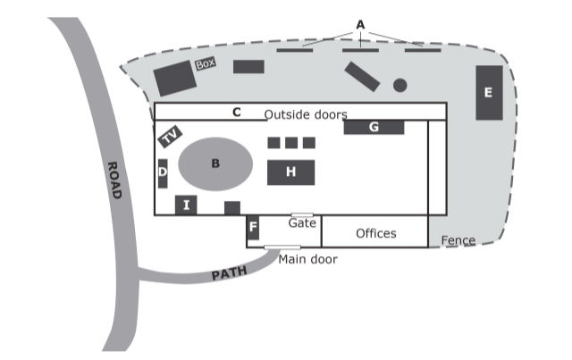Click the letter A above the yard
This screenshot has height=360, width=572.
(x=360, y=24)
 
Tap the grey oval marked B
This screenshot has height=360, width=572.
(x=214, y=163)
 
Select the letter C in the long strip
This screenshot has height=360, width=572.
(x=236, y=113)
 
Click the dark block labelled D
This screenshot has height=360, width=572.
(x=163, y=172)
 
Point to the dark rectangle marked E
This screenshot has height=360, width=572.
(x=488, y=92)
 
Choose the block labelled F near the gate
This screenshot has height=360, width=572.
(x=253, y=228)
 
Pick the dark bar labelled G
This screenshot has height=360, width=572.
(x=374, y=127)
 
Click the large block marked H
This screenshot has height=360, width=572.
(x=290, y=171)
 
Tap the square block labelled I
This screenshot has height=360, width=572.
(x=186, y=205)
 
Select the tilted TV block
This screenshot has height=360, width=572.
(x=171, y=136)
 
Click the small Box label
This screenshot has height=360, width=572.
(x=206, y=64)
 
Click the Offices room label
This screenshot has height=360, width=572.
(x=375, y=233)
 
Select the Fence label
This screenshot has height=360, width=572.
(x=458, y=240)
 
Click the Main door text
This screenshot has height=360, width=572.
(x=308, y=260)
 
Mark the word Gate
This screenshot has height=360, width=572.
(x=302, y=223)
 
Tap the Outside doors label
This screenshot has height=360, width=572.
(x=306, y=114)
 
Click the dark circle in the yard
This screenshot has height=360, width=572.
(x=400, y=85)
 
